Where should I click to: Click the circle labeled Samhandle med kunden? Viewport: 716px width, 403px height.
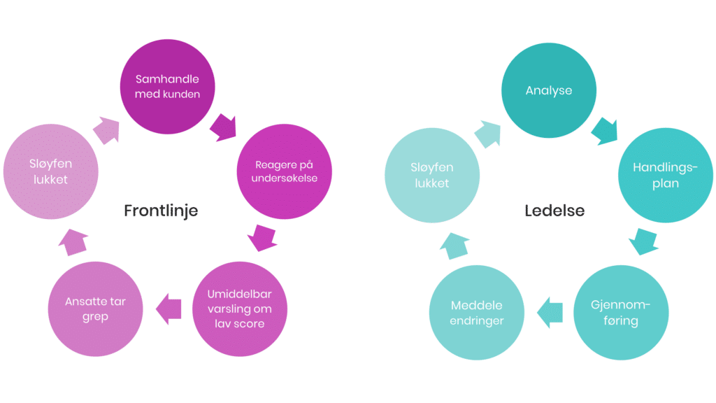pos(167,87)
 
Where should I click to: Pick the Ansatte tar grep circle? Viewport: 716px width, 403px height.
pos(95,310)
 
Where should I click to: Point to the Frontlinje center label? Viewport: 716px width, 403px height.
pos(161,211)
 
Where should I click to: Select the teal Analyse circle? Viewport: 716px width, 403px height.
pos(548,90)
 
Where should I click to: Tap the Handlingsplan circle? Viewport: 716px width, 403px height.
pos(666,175)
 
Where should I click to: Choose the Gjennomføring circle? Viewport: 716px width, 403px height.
pos(620,313)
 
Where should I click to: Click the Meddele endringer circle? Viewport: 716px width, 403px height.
pos(476,313)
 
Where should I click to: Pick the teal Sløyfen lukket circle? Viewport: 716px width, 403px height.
pos(431,175)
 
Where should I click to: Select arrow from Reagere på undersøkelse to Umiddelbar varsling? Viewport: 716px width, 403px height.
pos(262,239)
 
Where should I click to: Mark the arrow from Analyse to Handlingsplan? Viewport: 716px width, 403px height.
pos(606,129)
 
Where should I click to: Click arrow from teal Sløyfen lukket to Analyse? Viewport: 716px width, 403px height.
pos(489,132)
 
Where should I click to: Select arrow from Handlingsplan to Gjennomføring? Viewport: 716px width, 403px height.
pos(643,242)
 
